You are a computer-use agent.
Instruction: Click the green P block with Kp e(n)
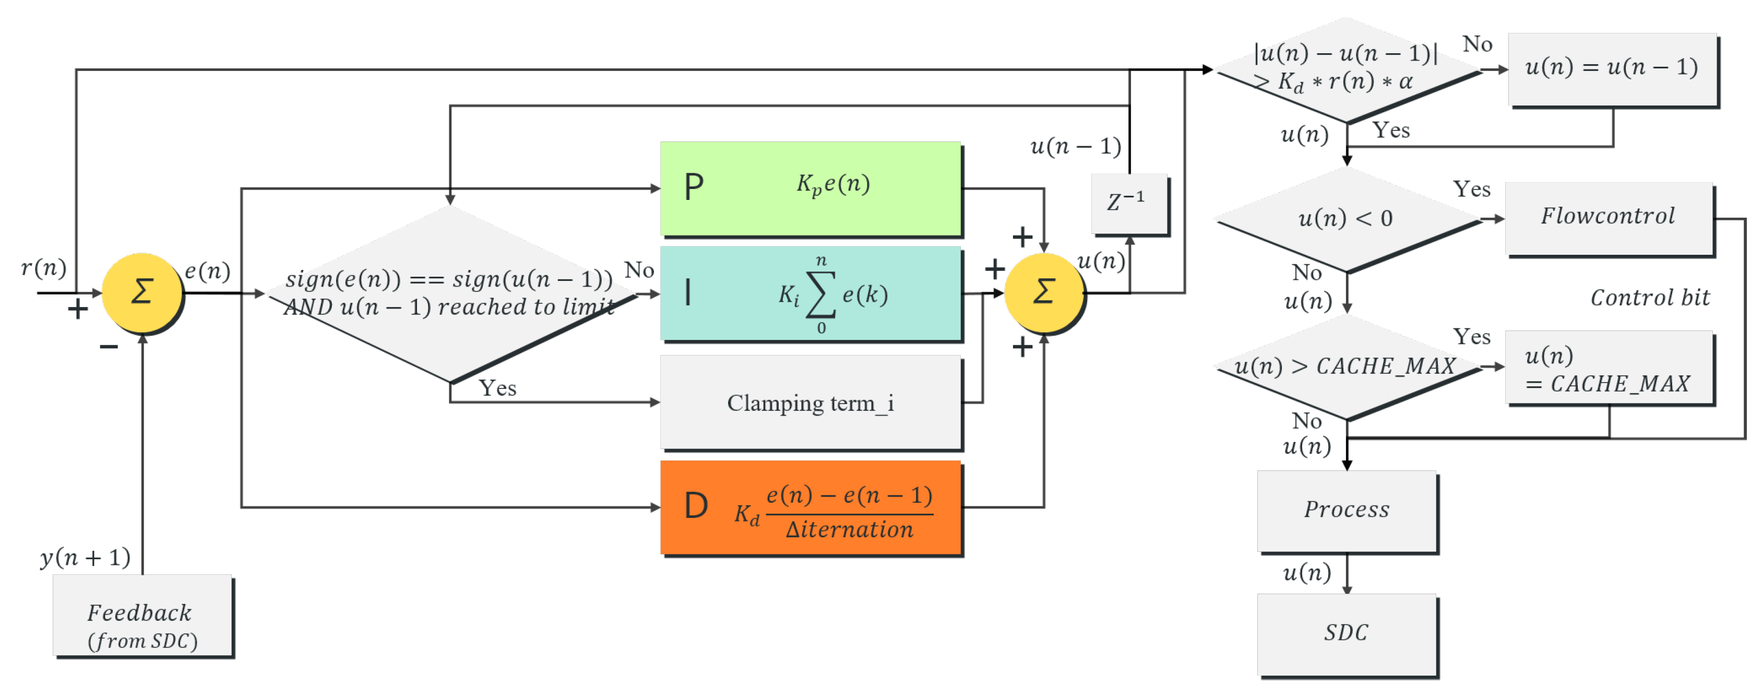coord(811,188)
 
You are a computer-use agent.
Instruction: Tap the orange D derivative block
coord(811,507)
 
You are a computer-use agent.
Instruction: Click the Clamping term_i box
coord(811,403)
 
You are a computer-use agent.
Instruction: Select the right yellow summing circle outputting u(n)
coord(1043,293)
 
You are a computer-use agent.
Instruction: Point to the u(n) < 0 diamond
coord(1346,219)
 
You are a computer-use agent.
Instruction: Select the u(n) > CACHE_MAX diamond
coord(1346,367)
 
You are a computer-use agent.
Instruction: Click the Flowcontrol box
coord(1609,218)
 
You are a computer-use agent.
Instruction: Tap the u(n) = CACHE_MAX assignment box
coord(1609,369)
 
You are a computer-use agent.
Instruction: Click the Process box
coord(1346,510)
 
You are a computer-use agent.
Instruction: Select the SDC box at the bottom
coord(1346,633)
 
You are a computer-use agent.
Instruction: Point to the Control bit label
coord(1649,298)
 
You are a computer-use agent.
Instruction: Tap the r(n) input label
coord(44,268)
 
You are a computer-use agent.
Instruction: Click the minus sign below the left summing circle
coord(109,347)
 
